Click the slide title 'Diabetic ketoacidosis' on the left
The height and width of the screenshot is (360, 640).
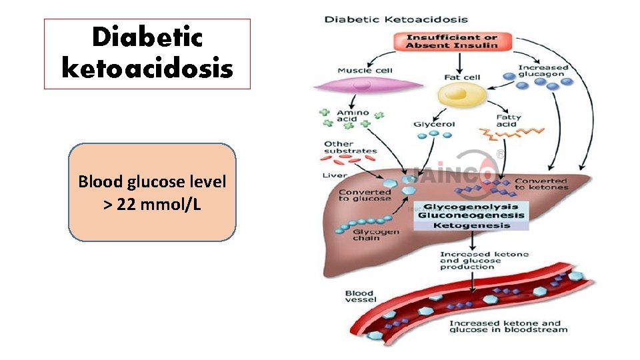[x=147, y=53]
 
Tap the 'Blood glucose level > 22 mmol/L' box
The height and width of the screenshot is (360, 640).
[x=152, y=192]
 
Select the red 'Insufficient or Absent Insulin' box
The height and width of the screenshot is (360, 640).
[x=452, y=41]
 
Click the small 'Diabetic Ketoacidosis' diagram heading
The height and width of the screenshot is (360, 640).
[x=396, y=19]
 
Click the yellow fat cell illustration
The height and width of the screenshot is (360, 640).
[x=462, y=97]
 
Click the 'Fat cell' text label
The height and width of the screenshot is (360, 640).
[x=462, y=77]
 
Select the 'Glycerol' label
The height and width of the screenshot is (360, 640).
[x=434, y=124]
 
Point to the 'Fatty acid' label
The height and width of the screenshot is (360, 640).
[x=508, y=121]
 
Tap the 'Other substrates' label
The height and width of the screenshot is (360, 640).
[x=350, y=147]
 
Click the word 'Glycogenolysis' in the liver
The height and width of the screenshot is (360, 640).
[x=471, y=207]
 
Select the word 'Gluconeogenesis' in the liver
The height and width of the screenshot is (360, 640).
[x=471, y=215]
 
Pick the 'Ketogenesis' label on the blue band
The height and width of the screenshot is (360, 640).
[x=471, y=225]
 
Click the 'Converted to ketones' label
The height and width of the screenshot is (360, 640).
[x=541, y=184]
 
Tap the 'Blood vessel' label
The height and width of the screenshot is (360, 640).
[x=360, y=296]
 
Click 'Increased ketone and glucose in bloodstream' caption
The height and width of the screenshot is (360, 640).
[x=508, y=326]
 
